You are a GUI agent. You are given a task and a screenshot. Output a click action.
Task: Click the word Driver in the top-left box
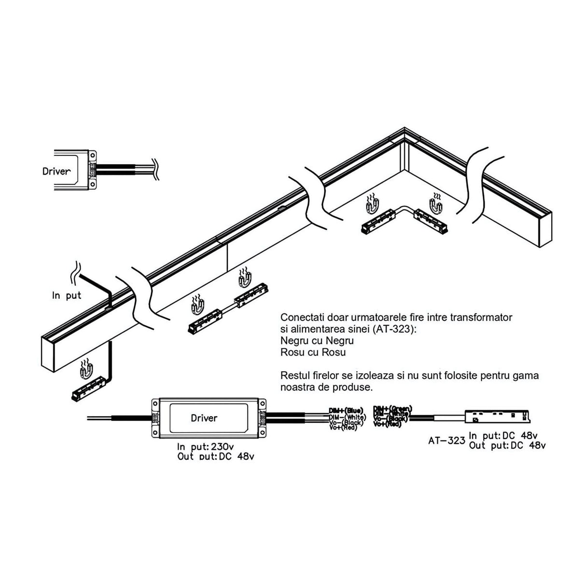click(x=56, y=171)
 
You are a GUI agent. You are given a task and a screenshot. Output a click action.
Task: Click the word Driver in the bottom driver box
click(x=204, y=418)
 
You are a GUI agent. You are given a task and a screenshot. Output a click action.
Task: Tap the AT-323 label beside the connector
click(x=446, y=440)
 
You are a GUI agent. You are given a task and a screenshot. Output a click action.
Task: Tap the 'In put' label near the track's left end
click(x=67, y=295)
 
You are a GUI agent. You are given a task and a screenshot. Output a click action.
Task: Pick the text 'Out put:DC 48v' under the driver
click(x=215, y=456)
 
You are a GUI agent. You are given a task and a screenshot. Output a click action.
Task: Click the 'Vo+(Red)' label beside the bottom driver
click(x=343, y=428)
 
